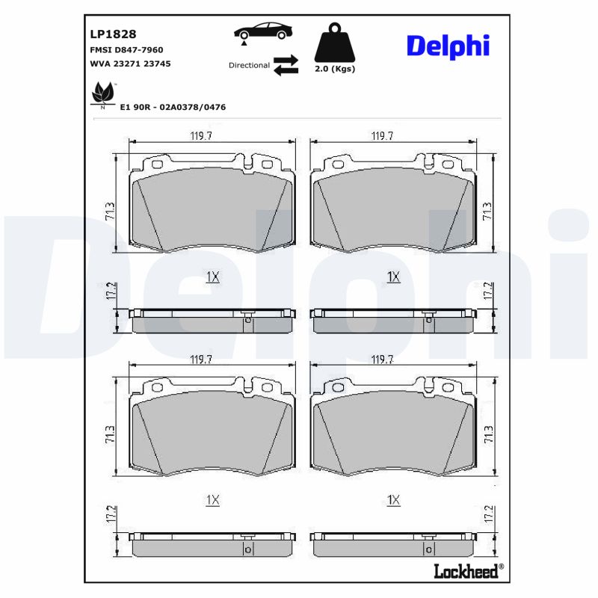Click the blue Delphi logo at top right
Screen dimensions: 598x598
coord(448,46)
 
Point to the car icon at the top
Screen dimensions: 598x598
coord(263,32)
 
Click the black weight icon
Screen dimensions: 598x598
coord(334,43)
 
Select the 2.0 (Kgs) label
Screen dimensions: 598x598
coord(334,69)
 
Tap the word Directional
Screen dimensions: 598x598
coord(249,66)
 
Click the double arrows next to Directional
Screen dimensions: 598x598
coord(286,66)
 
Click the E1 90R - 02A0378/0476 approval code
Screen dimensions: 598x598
coord(173,108)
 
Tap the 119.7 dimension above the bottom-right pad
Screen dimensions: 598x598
coord(383,360)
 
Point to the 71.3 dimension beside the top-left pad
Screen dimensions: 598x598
coord(110,211)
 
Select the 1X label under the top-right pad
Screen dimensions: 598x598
coord(393,277)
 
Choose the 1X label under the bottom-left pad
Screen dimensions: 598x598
coord(212,500)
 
